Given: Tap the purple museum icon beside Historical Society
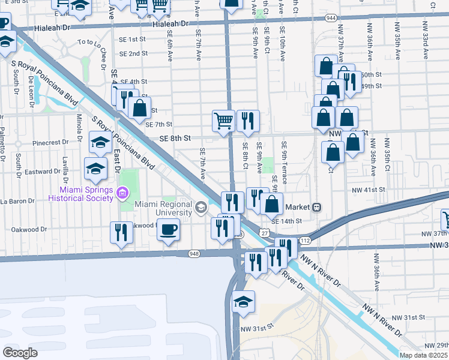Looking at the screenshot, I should coord(122,193).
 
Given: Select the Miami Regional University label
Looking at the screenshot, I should coord(163,208).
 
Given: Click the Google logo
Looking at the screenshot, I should coord(20,353).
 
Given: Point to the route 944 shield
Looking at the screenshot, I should coord(331,19).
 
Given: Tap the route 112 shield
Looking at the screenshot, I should coord(305,241).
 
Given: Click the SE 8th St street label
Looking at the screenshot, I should coord(175,138).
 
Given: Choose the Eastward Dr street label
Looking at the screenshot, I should coord(43,172).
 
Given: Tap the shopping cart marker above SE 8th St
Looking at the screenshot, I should coord(224,121).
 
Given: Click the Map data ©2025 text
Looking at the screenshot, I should coord(424,355).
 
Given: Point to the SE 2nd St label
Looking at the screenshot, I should coord(133,53).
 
